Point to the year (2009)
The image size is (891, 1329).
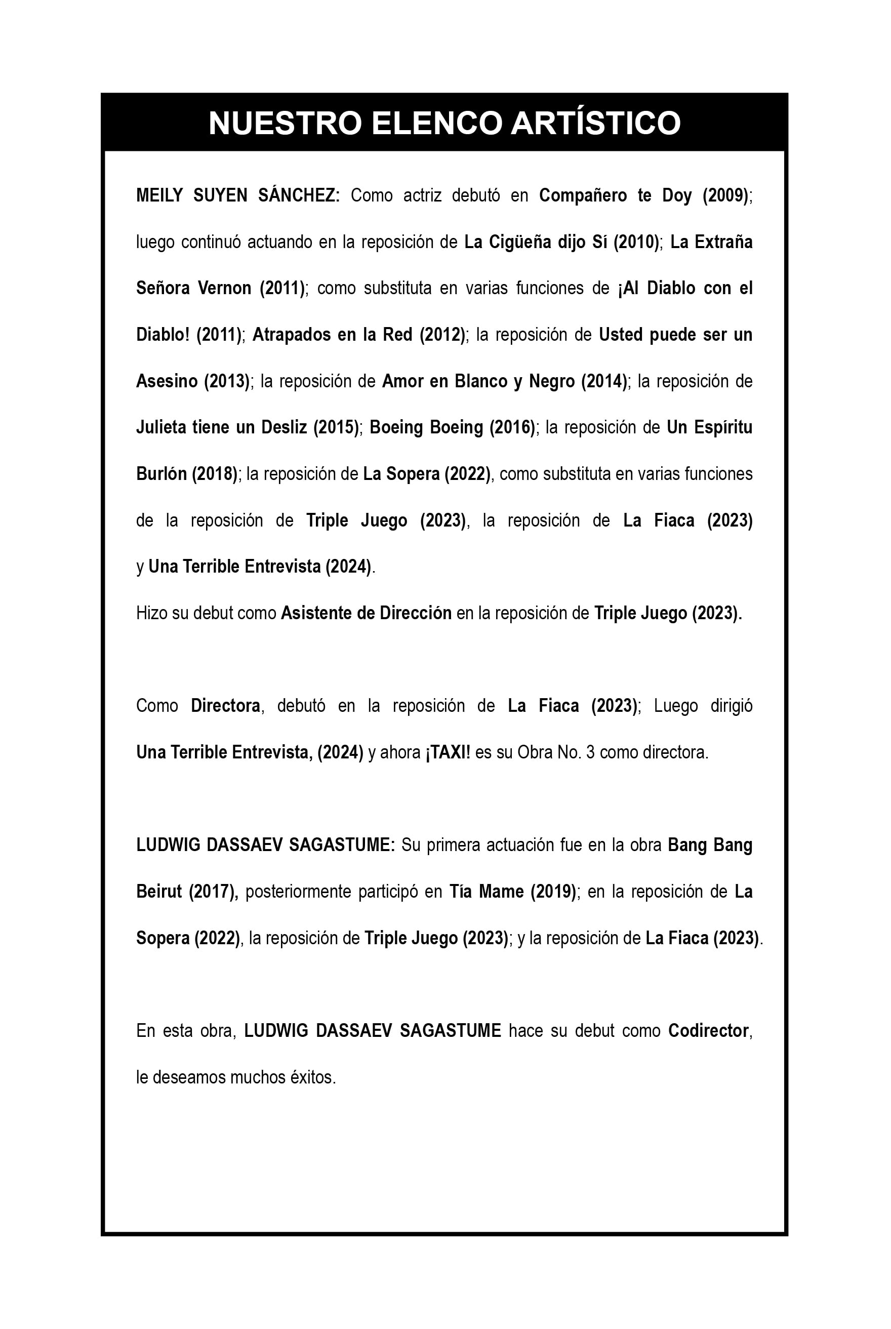[x=725, y=195]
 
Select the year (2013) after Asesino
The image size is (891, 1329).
[x=227, y=381]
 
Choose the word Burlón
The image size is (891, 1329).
[x=161, y=474]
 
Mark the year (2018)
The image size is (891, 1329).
[x=215, y=474]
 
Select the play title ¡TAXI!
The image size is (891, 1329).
[x=448, y=753]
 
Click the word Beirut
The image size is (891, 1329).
[x=159, y=892]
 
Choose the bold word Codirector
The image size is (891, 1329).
[x=709, y=1031]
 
